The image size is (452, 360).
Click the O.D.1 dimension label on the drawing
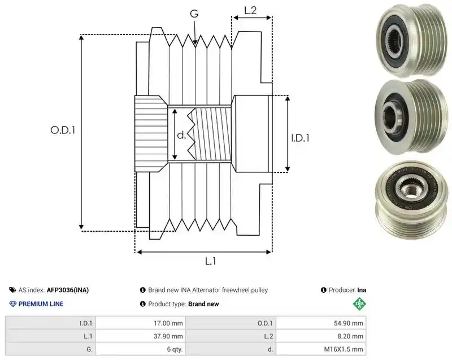tap(63, 130)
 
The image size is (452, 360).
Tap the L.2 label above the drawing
tap(250, 10)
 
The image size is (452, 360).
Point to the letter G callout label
tap(194, 14)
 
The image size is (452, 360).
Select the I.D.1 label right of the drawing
tap(300, 138)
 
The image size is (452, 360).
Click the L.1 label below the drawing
tap(210, 261)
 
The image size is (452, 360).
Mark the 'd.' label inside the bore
tap(181, 135)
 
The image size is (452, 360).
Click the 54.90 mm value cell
tap(321, 323)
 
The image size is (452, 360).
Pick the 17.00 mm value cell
tap(141, 323)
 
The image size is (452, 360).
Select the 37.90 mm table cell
tap(141, 336)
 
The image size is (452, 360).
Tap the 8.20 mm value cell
tap(321, 336)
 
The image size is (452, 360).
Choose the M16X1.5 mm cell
tap(321, 349)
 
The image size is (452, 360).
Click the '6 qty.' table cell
tap(141, 349)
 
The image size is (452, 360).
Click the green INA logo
tap(359, 304)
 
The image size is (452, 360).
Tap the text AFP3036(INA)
tap(68, 290)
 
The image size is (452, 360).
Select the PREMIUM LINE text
tap(41, 304)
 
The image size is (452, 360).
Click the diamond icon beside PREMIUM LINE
tap(13, 304)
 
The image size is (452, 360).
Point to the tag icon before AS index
tap(12, 290)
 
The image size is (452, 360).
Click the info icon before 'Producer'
tap(323, 290)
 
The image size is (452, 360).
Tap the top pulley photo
tap(411, 40)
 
